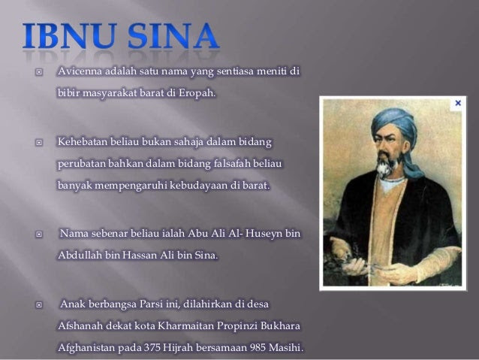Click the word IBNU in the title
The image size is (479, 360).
click(70, 36)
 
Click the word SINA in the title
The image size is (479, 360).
click(173, 36)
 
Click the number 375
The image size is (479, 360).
click(152, 348)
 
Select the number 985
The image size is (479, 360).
click(258, 348)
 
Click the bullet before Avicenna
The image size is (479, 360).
click(39, 72)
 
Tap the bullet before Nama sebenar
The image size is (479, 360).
click(39, 234)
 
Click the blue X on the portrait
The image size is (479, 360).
click(458, 103)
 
